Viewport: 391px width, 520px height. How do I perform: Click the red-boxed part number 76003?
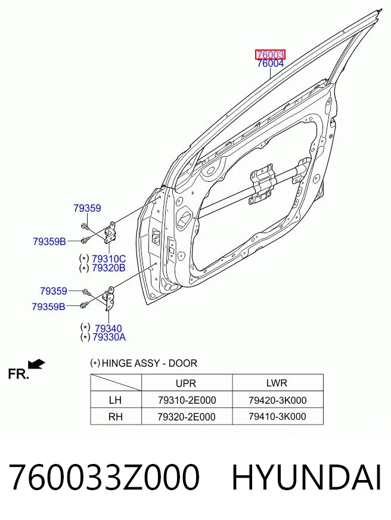[270, 54]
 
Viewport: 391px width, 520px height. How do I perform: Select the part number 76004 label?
[271, 63]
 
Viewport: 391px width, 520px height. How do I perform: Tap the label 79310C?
[108, 259]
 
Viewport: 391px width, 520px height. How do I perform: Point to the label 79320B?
[108, 268]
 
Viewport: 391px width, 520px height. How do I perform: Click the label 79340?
[108, 329]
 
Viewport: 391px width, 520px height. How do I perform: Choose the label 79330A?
[109, 338]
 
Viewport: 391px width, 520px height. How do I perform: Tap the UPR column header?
[186, 383]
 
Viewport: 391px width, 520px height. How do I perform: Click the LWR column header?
[277, 383]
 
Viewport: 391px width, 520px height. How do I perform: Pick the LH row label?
[115, 400]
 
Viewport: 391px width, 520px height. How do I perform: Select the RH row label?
[115, 416]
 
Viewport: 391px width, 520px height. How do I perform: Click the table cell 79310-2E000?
[187, 400]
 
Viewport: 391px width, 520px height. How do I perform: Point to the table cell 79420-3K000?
[278, 400]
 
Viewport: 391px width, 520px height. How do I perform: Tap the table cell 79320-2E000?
[187, 416]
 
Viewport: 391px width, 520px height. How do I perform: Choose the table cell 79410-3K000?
[277, 416]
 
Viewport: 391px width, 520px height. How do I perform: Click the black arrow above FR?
[36, 364]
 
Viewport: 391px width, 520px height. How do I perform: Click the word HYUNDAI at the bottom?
[306, 478]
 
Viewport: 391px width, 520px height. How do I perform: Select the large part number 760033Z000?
[104, 478]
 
